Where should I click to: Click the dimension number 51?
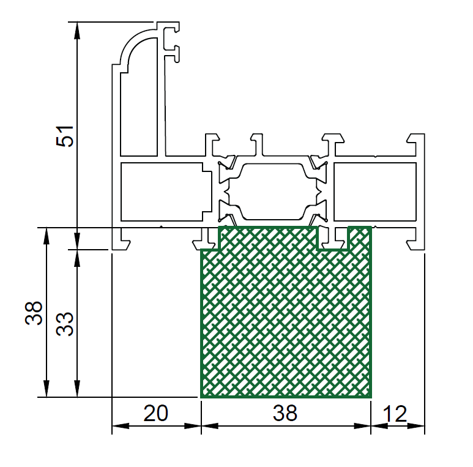pos(65,136)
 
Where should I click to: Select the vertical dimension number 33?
pos(65,324)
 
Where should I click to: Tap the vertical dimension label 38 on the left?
pos(34,313)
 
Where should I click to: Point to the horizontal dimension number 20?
pos(155,413)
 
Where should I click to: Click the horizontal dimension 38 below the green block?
pos(285,413)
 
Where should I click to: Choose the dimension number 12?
pos(395,414)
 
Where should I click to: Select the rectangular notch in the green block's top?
pos(333,238)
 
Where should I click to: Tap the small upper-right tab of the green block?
pos(360,237)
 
